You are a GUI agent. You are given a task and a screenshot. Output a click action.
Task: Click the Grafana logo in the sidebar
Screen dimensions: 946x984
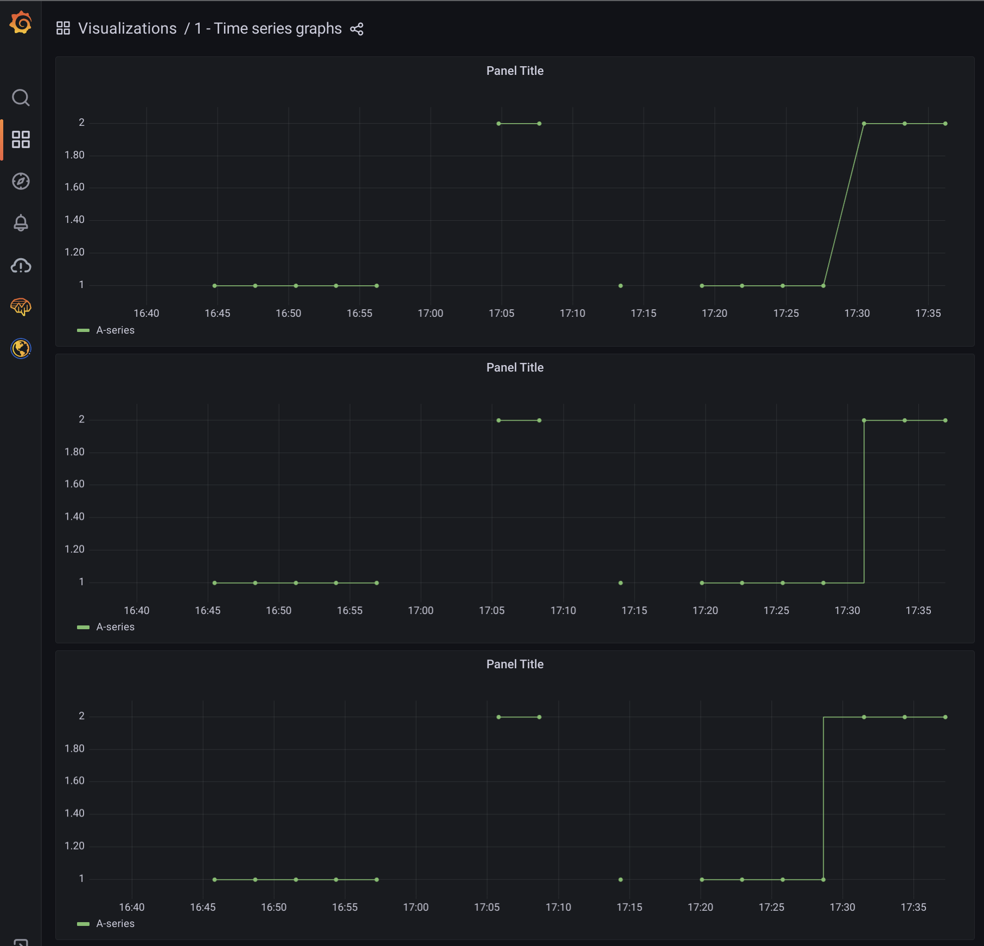point(21,23)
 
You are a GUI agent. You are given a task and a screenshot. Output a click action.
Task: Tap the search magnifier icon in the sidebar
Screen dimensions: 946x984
point(21,98)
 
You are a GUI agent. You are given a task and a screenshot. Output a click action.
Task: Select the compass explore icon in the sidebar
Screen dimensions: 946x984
point(21,181)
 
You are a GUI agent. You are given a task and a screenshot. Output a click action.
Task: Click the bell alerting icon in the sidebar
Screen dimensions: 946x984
point(21,222)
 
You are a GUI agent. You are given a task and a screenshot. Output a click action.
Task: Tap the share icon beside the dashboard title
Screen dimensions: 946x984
point(356,29)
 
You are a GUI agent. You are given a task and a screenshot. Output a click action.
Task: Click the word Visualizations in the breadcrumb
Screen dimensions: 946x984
point(127,29)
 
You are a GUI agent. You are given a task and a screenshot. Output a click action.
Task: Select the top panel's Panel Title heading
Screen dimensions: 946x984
point(515,71)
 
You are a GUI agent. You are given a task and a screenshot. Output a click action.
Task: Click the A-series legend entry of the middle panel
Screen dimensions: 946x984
point(115,627)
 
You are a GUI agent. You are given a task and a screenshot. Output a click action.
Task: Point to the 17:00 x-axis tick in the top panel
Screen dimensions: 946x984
point(430,314)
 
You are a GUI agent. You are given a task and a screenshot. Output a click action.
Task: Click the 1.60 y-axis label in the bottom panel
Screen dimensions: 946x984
point(75,781)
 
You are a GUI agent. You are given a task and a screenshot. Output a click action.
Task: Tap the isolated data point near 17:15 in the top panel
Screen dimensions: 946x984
point(621,286)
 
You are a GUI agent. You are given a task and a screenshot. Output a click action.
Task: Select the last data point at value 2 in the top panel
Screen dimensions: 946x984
point(945,124)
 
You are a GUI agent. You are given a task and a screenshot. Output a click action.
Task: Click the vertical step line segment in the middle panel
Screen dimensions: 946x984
point(864,502)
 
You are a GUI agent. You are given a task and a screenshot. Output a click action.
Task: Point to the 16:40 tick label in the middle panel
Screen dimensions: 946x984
point(137,611)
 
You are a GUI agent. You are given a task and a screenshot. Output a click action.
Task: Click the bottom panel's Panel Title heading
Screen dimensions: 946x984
point(515,664)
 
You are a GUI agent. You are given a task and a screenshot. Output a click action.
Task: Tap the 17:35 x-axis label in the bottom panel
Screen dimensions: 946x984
point(913,907)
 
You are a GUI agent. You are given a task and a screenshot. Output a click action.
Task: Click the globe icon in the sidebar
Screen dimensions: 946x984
point(21,348)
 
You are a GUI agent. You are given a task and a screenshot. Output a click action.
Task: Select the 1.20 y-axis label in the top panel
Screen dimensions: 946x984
point(75,252)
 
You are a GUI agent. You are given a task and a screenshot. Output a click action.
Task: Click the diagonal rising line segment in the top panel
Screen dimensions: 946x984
point(844,204)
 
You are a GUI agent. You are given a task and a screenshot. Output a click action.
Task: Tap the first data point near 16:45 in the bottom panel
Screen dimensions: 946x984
point(215,880)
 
